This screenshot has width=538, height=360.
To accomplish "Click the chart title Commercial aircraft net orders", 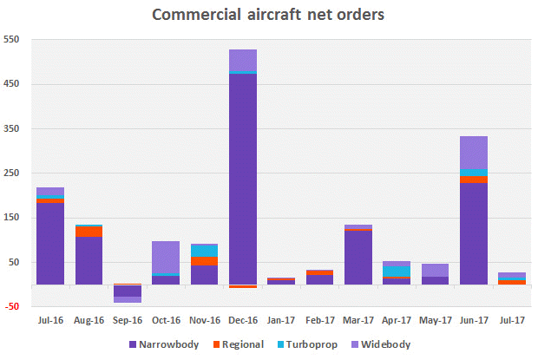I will [x=269, y=15].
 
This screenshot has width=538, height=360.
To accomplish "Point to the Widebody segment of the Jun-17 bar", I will [x=473, y=153].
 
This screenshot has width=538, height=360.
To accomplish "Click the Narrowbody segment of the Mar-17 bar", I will [x=358, y=257].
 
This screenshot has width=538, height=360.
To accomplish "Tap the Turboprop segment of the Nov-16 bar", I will [x=204, y=251].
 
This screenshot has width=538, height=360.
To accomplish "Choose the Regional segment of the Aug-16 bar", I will [x=89, y=232].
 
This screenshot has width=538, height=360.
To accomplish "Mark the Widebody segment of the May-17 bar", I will [x=435, y=270].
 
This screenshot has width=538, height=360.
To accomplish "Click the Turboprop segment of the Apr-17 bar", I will [x=397, y=272].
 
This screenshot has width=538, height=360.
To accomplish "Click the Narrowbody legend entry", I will [x=161, y=344].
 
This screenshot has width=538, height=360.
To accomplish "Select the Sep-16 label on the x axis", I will [x=127, y=319].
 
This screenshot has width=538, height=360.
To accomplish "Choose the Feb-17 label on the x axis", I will [x=319, y=319].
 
